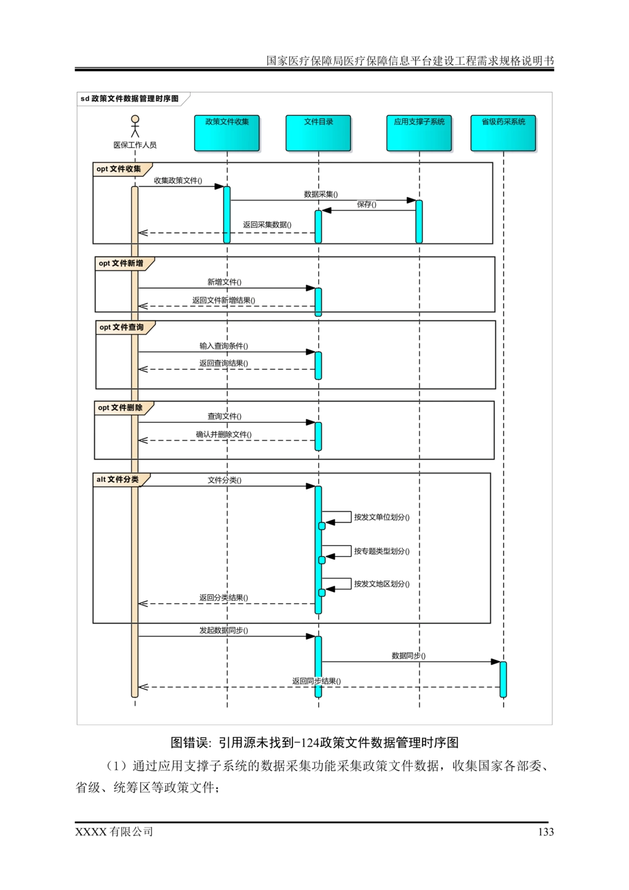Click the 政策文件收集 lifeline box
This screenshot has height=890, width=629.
[226, 133]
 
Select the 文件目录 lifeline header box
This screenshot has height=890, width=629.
[318, 133]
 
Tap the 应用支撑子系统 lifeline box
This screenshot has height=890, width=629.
[419, 133]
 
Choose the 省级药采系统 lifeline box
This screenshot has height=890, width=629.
[503, 133]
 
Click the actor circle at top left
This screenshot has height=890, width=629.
[135, 120]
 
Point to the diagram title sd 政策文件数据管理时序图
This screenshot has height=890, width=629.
[130, 99]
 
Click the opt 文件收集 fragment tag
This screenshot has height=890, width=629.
[120, 169]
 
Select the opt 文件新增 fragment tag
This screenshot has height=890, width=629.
[121, 264]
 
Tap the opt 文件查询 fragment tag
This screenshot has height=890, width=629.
[122, 328]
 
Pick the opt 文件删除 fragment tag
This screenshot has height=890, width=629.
[121, 408]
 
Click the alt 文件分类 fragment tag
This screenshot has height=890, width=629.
[118, 480]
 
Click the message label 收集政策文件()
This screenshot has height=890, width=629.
[179, 181]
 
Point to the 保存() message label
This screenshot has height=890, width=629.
[367, 204]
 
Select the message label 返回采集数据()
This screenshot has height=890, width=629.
[267, 225]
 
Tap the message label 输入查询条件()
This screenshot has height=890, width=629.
[224, 346]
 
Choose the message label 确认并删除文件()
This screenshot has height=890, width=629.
[223, 435]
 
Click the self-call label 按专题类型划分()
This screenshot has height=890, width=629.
[382, 552]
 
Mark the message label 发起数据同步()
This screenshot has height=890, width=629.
[224, 630]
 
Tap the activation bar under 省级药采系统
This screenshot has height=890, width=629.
[503, 679]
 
